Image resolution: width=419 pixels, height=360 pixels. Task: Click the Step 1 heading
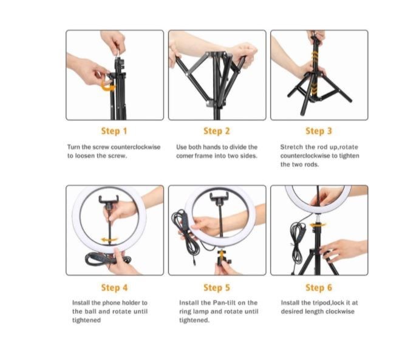[114, 131]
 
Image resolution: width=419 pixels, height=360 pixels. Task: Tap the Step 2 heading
[216, 131]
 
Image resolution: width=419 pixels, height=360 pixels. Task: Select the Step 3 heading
[318, 131]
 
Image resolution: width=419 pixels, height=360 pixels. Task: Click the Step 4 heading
[114, 287]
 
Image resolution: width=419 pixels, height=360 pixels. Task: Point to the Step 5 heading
[216, 287]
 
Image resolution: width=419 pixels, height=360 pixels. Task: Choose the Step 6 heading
[318, 287]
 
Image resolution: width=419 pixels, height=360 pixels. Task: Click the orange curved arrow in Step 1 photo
[109, 87]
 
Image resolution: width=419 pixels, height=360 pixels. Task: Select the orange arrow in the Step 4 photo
[109, 241]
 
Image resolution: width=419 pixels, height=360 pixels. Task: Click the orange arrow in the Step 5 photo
[221, 253]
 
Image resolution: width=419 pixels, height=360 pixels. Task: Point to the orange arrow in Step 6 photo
[316, 227]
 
